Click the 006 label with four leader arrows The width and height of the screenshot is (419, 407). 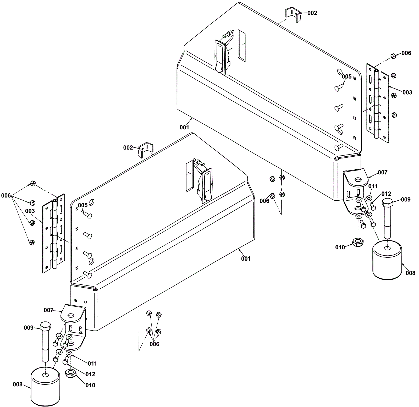coord(6,195)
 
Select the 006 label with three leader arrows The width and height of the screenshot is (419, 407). coord(154,344)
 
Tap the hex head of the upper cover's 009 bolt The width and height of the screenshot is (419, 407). coord(387,203)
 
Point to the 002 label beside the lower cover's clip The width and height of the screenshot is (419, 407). coord(128,148)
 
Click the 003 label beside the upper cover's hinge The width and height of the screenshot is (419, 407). coord(407,92)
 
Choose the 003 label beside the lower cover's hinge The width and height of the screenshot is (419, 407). coord(30,211)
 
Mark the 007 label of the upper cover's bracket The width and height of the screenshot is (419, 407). coord(382,172)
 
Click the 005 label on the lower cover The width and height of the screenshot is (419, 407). coord(82,205)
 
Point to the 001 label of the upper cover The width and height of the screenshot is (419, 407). coord(184,127)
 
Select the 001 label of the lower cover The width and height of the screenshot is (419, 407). coord(246,258)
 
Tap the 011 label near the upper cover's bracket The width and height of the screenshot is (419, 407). coord(373,186)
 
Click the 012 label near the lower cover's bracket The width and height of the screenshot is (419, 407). coord(90,374)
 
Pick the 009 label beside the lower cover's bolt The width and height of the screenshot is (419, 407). coord(29,328)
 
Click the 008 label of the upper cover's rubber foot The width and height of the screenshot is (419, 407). coord(410,273)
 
